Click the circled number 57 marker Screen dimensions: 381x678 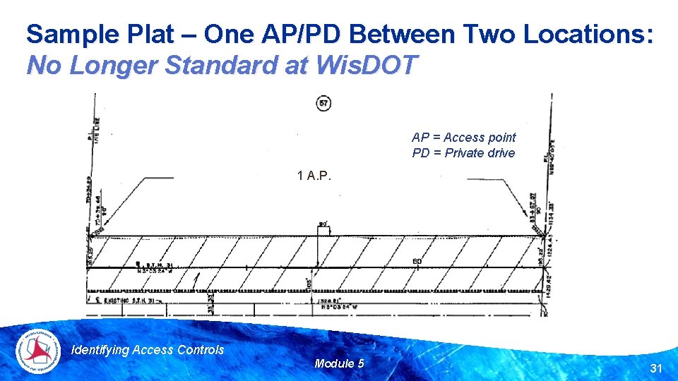tap(323, 104)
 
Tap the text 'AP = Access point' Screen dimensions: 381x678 tap(463, 138)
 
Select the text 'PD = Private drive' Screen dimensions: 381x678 tap(463, 153)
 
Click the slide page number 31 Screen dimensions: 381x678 tap(655, 368)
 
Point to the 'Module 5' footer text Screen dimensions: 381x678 tap(339, 363)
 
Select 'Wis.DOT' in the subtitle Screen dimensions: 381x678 tap(369, 66)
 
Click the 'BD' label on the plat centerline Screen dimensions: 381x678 tap(417, 262)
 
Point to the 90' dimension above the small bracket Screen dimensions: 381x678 tap(324, 224)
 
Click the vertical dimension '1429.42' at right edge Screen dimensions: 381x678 tap(549, 284)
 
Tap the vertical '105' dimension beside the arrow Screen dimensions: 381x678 tap(309, 286)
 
